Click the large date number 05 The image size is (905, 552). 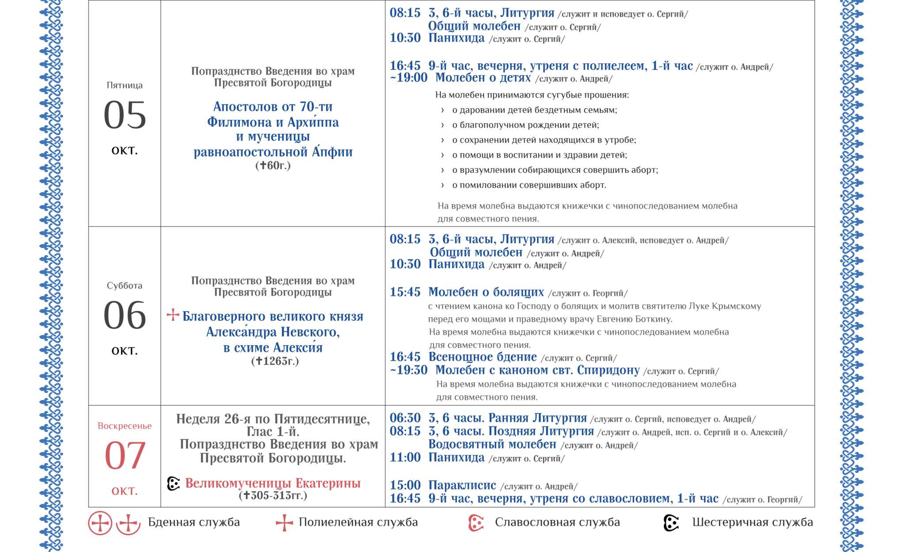coord(125,115)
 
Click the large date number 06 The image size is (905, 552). coord(125,315)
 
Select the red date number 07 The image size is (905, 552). coord(125,456)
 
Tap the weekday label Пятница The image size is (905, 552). coord(125,85)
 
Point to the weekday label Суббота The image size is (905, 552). coord(125,286)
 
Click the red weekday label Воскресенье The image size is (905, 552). coord(125,426)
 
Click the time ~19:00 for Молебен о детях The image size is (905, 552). coord(409,78)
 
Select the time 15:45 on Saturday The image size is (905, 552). coord(405,292)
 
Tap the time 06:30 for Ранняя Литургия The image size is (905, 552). coord(405,418)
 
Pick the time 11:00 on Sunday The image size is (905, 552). coord(405,457)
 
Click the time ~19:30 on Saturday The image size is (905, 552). coord(409,370)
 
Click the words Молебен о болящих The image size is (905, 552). coord(486,292)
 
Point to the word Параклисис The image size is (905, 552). coord(462,485)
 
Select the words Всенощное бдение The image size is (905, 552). coord(483,357)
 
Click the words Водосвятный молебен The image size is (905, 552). coord(492,444)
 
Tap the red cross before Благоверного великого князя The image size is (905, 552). coord(173,315)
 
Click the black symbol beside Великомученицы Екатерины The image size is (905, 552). coord(174,483)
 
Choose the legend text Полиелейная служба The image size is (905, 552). coord(358,522)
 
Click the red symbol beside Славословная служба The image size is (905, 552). coord(475,523)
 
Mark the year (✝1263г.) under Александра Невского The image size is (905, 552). coord(275,361)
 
